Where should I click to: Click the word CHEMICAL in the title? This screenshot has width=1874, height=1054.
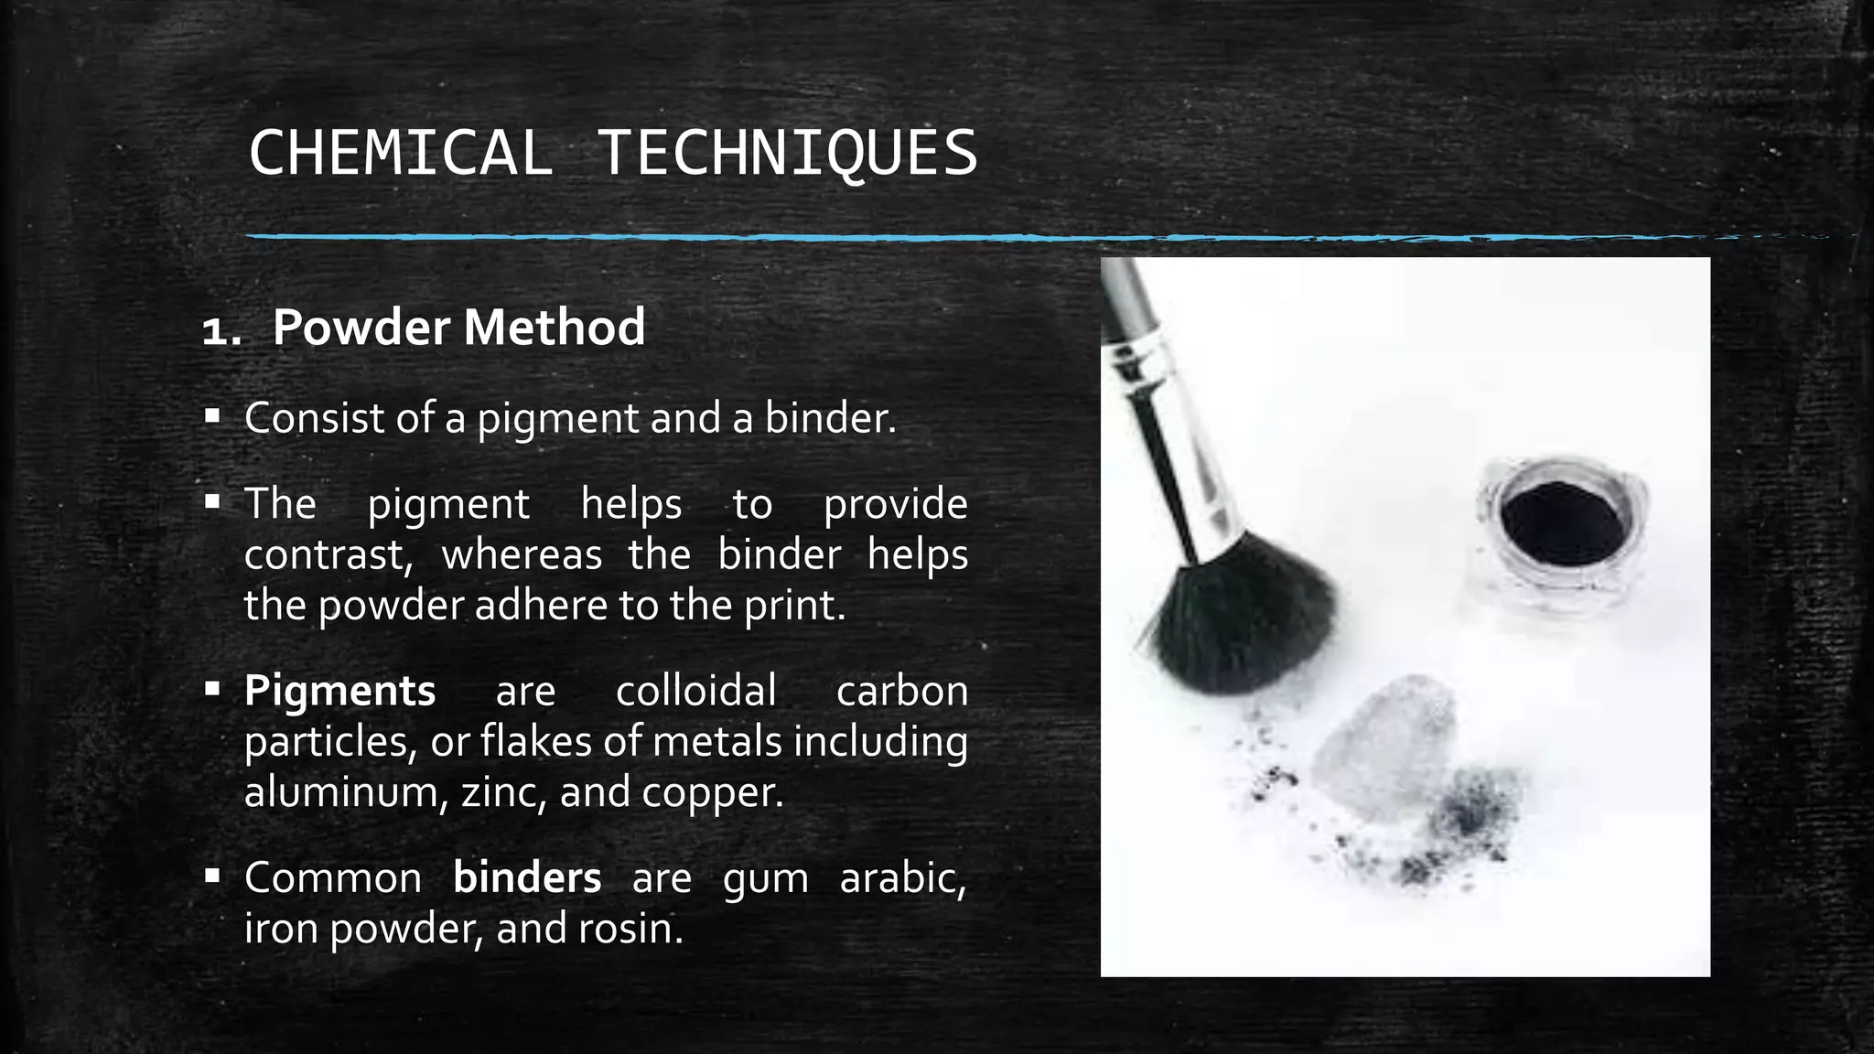click(x=401, y=153)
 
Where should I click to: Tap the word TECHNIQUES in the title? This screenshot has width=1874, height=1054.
click(x=787, y=153)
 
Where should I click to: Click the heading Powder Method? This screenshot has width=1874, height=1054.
click(x=458, y=327)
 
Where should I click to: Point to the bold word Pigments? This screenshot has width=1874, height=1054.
click(x=339, y=691)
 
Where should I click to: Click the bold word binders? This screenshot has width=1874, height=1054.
click(x=527, y=878)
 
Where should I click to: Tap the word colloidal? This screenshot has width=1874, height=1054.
click(x=695, y=691)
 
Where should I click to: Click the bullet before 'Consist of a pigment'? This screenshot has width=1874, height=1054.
click(x=212, y=417)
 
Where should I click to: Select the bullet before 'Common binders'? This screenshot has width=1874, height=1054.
click(x=212, y=877)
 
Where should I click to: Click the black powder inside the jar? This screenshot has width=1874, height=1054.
click(x=1563, y=523)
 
